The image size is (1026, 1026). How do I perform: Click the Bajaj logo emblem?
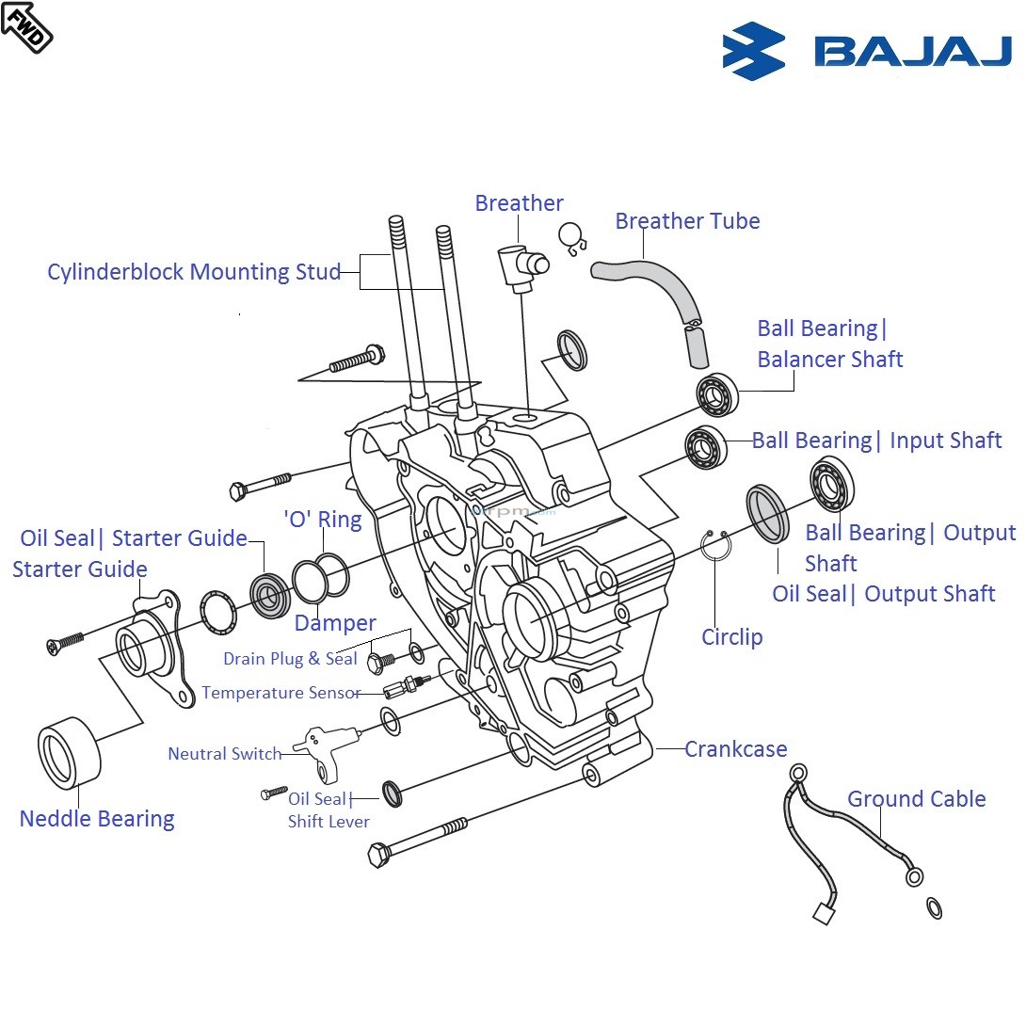pyautogui.click(x=754, y=51)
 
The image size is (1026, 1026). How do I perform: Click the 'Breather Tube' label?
pyautogui.click(x=687, y=221)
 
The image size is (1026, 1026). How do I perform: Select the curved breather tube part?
pyautogui.click(x=659, y=292)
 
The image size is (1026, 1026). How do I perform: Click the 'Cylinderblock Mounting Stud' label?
pyautogui.click(x=194, y=272)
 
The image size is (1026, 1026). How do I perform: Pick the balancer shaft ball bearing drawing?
pyautogui.click(x=717, y=394)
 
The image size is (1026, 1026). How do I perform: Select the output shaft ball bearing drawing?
pyautogui.click(x=831, y=483)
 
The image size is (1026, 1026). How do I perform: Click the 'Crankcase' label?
pyautogui.click(x=735, y=749)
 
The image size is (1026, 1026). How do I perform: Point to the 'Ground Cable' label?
pyautogui.click(x=916, y=799)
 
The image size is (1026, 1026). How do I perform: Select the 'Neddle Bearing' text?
pyautogui.click(x=97, y=819)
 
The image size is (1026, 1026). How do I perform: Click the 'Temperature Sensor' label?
pyautogui.click(x=281, y=693)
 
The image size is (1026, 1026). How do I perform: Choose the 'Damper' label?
pyautogui.click(x=335, y=623)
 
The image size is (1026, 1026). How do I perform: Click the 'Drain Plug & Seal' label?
pyautogui.click(x=290, y=659)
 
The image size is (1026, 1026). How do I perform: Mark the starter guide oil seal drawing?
pyautogui.click(x=271, y=595)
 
